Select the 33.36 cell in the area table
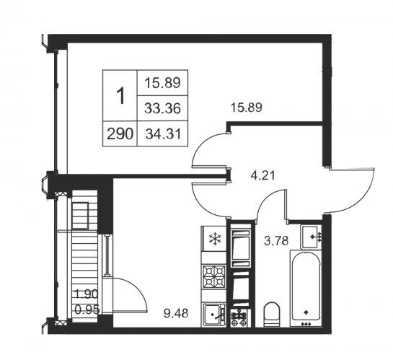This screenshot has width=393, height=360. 163,108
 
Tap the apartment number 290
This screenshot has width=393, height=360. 120,134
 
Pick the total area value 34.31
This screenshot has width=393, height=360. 163,134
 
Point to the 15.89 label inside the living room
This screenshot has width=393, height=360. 247,107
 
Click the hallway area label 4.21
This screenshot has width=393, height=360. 263,175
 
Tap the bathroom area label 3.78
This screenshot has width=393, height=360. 276,241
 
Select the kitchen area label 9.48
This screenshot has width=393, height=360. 176,313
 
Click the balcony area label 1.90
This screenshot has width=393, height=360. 87,294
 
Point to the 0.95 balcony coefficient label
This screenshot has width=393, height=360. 87,309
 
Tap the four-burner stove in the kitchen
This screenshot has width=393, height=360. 214,276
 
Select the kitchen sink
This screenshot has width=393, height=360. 214,315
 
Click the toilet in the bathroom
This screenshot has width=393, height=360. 271,314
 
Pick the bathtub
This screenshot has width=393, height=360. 306,289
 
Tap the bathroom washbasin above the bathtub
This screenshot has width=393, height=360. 312,237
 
